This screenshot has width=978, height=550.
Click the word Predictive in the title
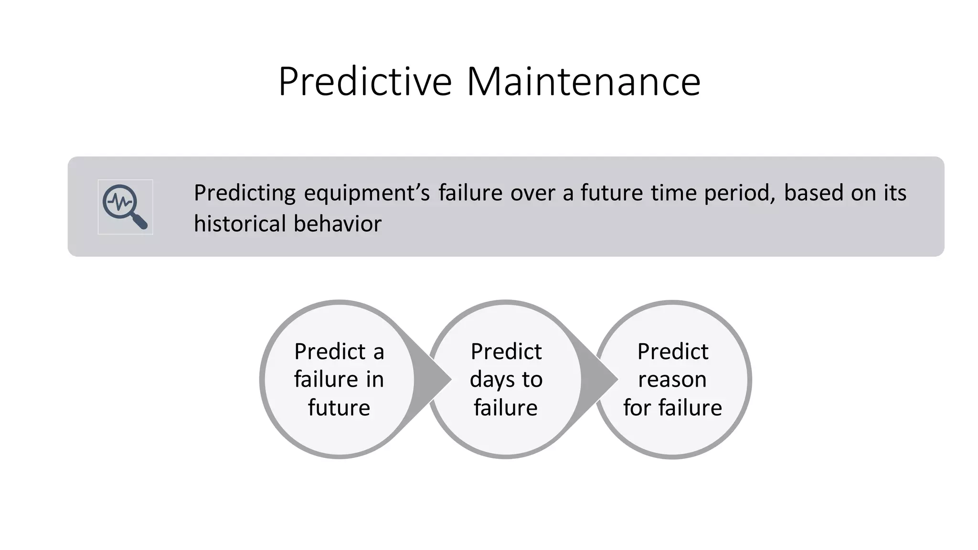[365, 82]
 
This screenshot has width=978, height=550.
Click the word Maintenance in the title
[583, 82]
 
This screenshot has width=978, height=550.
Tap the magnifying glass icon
[125, 207]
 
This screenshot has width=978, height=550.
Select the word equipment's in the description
[366, 193]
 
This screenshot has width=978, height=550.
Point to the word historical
[240, 224]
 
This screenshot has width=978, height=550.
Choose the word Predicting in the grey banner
[244, 193]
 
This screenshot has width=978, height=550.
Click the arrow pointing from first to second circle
[432, 380]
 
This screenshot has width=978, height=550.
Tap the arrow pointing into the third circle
[599, 380]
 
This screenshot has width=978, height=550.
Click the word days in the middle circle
[492, 380]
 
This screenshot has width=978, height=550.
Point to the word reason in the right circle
[672, 380]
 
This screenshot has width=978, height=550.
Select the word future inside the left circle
[339, 408]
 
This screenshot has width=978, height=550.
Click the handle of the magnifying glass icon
[140, 221]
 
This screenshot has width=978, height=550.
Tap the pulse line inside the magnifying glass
[119, 202]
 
